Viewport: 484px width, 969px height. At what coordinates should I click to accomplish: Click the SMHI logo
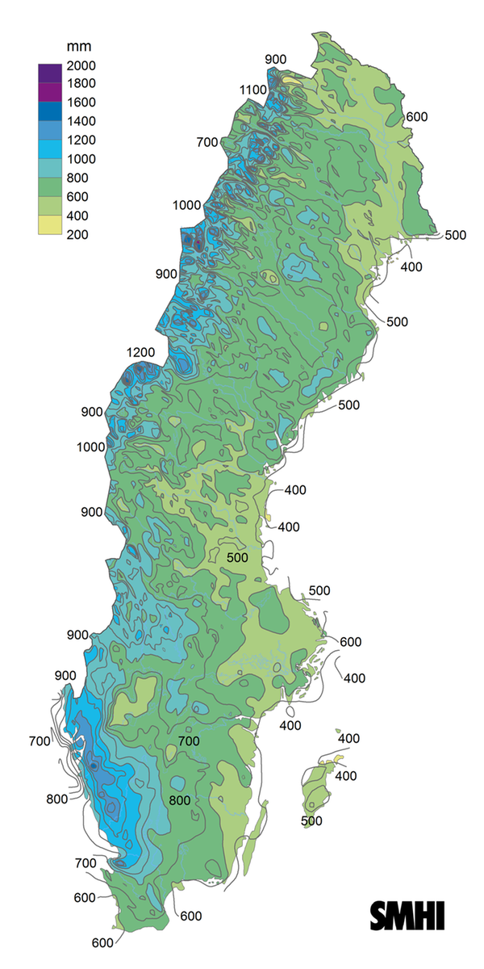coord(408,917)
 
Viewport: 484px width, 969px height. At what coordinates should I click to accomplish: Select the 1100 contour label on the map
coord(252,90)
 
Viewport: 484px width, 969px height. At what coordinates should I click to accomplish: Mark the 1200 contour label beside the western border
coord(140,352)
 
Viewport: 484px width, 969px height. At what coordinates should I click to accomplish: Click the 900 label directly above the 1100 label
coord(275,59)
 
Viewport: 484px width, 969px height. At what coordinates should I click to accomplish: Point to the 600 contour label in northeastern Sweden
coord(416,117)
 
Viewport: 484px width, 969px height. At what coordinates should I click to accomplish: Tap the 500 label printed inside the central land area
coord(237,558)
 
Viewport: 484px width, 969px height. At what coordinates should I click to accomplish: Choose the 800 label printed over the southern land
coord(180,800)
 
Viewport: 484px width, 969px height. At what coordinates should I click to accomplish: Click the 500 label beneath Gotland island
coord(311,821)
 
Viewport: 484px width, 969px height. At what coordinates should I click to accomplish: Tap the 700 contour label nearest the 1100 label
coord(207,143)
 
